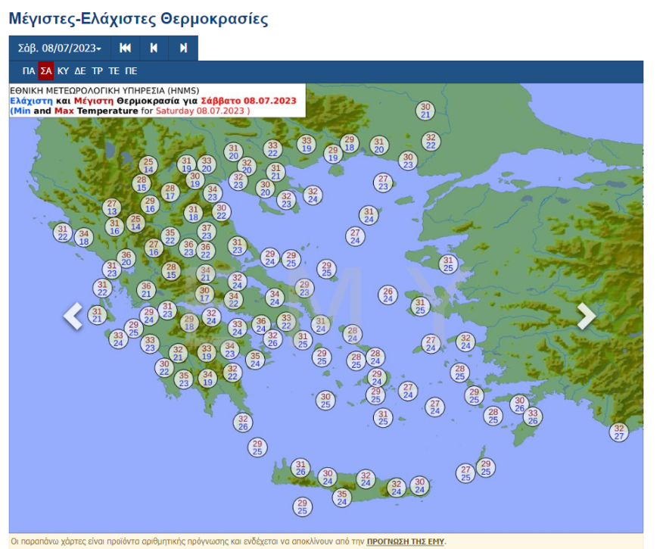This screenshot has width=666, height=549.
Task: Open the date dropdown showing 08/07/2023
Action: point(60,48)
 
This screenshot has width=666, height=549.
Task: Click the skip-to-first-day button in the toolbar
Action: point(126,48)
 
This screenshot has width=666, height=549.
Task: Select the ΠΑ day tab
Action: point(29,71)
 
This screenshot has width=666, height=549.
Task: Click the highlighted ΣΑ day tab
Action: point(46,71)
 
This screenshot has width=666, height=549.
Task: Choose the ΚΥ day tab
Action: point(63,71)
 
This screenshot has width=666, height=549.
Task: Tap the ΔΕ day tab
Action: point(79,71)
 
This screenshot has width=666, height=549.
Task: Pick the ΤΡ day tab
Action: point(97,71)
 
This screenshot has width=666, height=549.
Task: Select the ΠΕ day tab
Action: point(131,71)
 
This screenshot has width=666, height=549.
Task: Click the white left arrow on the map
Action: point(73,316)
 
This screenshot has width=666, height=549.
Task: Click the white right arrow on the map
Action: point(587,316)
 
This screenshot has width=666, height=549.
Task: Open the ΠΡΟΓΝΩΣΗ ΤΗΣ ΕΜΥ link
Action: point(406,541)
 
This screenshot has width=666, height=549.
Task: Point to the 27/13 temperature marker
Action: point(112,207)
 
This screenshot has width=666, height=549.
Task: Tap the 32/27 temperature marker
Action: point(619,432)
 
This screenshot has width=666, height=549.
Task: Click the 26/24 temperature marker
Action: point(387,295)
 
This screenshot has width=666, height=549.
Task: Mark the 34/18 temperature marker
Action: point(84,238)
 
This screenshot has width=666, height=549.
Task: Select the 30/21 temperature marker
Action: point(425,111)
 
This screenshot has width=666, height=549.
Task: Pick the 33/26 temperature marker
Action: point(532,416)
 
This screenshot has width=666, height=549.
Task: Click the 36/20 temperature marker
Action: point(126,258)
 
